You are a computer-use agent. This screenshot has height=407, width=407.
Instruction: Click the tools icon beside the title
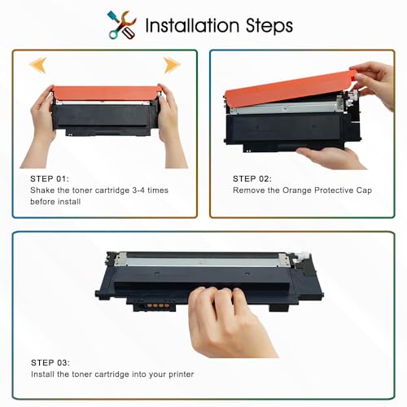[x=122, y=25]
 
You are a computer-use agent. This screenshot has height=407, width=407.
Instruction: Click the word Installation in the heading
[x=192, y=25]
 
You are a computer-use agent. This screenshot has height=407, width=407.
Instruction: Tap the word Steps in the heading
[x=269, y=26]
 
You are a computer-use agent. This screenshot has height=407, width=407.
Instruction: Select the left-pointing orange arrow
[x=38, y=65]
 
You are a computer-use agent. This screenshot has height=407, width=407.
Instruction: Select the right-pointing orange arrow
[x=172, y=65]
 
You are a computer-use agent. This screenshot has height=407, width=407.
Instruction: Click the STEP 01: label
[x=50, y=179]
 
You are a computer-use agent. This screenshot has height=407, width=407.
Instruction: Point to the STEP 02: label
[x=252, y=179]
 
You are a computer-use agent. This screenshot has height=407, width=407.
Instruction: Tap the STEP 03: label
[x=50, y=362]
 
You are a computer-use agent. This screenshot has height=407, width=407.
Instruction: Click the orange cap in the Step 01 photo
[x=105, y=93]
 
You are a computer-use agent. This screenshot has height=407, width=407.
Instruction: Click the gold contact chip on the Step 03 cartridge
[x=158, y=306]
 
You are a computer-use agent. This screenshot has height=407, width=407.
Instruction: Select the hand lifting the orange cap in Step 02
[x=376, y=83]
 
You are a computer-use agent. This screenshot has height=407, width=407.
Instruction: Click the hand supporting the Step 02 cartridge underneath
[x=332, y=158]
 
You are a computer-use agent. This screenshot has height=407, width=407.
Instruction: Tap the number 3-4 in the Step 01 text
[x=138, y=190]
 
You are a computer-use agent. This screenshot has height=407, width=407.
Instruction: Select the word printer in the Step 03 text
[x=182, y=374]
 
